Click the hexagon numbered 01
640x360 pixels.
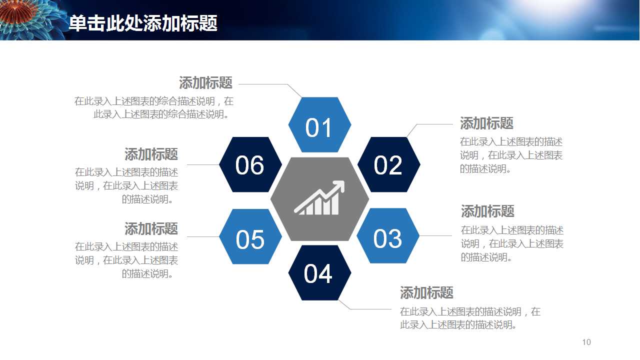(x=319, y=124)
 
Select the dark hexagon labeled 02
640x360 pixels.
(x=389, y=164)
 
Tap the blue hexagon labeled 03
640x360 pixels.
(x=388, y=235)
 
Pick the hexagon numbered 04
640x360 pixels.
(x=319, y=273)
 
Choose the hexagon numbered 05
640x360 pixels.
(x=250, y=236)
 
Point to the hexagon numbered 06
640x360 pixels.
(x=250, y=164)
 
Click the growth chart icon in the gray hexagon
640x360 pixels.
(x=319, y=197)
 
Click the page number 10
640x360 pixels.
(x=586, y=342)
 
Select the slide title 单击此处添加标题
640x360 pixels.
(x=143, y=23)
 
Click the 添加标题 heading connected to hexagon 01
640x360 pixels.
(x=205, y=83)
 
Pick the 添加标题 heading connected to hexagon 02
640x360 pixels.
(x=486, y=123)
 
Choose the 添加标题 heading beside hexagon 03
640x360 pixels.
(x=487, y=211)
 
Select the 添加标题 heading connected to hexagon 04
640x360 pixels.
(x=426, y=293)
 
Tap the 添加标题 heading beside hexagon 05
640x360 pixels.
(x=151, y=229)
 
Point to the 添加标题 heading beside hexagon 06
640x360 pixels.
(x=151, y=154)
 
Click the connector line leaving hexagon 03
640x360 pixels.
(x=435, y=235)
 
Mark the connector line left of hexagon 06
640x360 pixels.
(x=203, y=164)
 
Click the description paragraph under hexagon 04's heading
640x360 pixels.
(x=470, y=318)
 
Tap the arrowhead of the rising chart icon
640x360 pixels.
(x=338, y=186)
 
